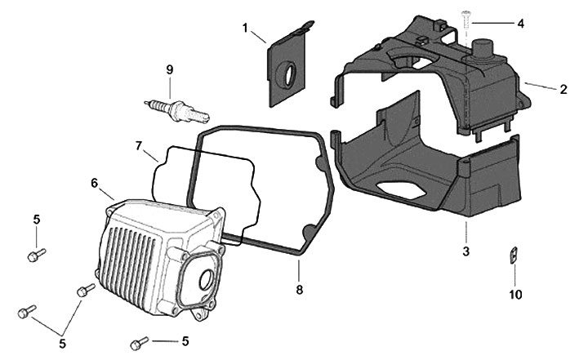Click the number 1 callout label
[x=244, y=27]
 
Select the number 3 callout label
[x=465, y=251]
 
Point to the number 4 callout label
[x=520, y=23]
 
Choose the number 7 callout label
[x=140, y=145]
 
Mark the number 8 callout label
[x=299, y=289]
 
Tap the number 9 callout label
[x=170, y=69]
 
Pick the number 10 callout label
[x=515, y=294]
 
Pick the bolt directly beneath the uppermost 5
[x=34, y=256]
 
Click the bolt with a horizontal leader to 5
[x=138, y=341]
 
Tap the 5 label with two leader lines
[x=62, y=343]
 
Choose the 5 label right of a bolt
[x=185, y=340]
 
